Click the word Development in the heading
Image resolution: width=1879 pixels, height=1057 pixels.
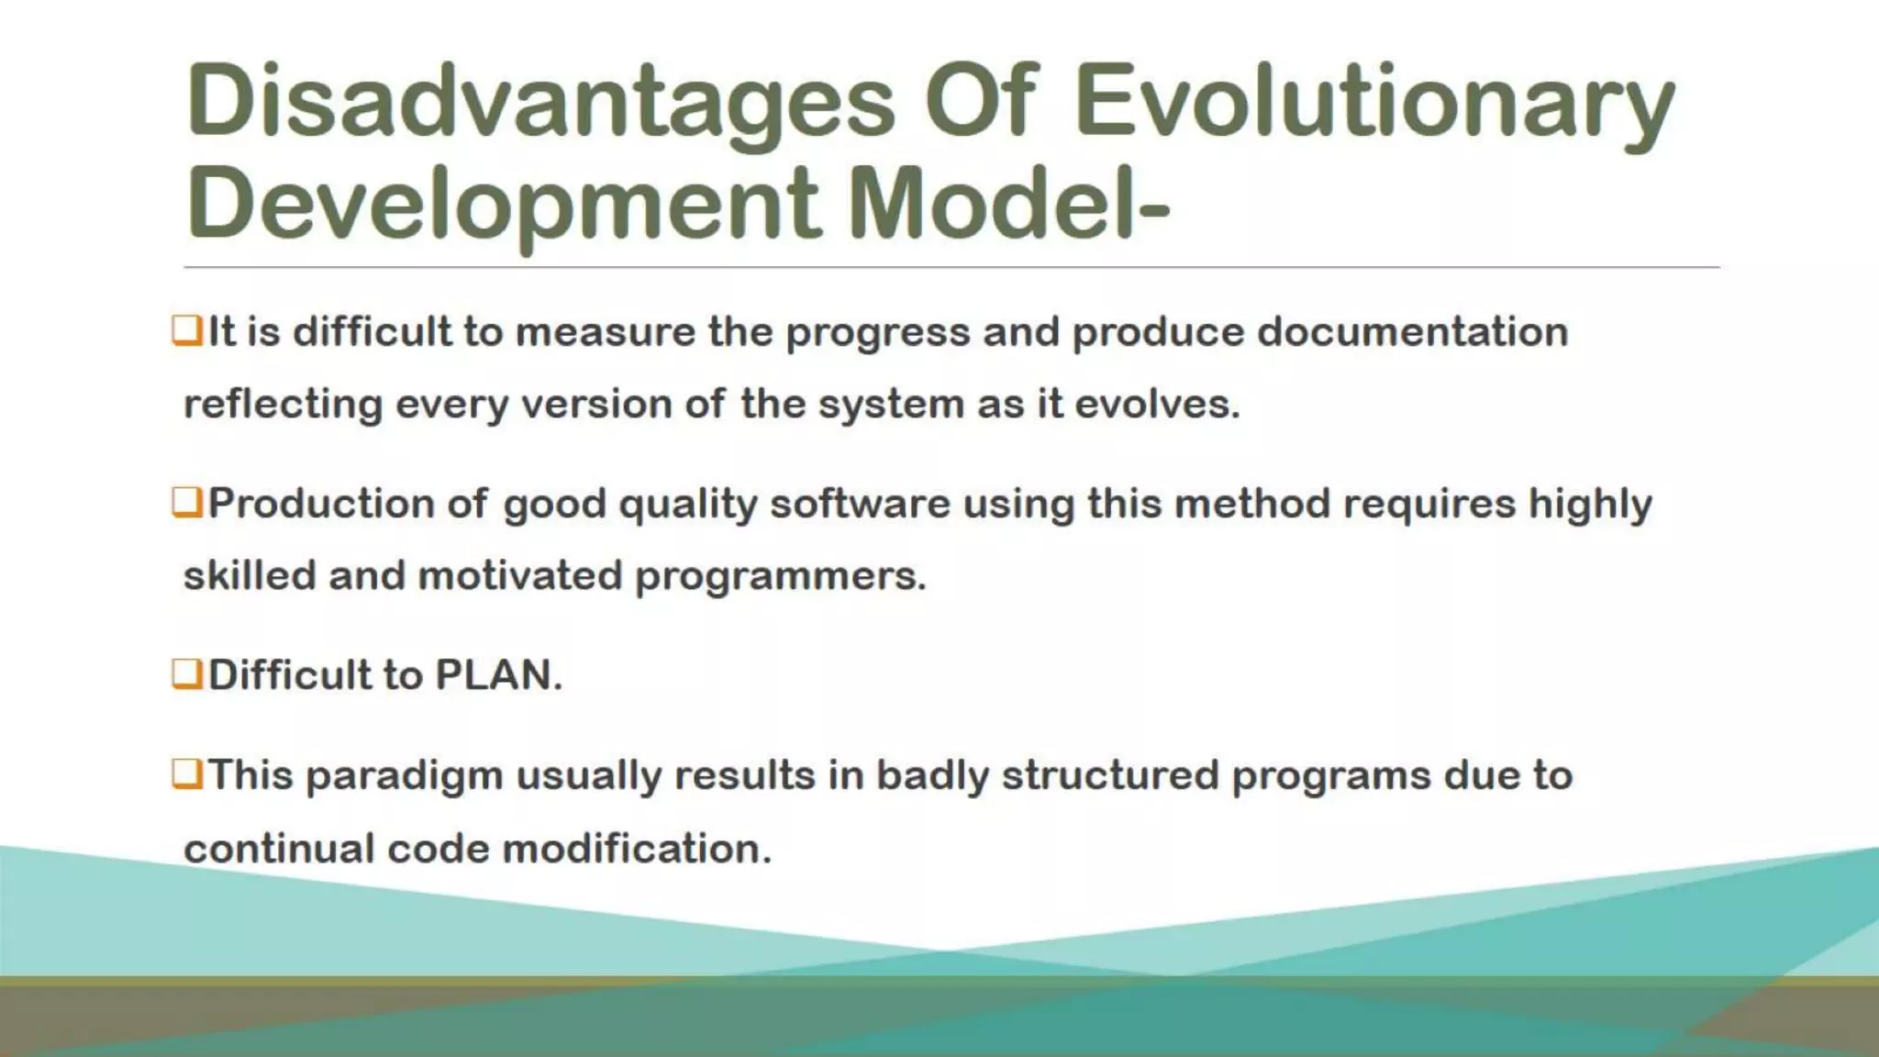click(503, 204)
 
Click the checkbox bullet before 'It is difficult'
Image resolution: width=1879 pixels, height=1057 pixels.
click(186, 330)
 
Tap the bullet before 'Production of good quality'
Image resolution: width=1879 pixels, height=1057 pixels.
click(186, 502)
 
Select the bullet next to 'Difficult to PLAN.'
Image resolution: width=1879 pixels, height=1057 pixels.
click(186, 673)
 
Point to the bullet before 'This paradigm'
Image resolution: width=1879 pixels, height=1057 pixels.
click(186, 774)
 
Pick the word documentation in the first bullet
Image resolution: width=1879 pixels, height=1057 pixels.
click(1413, 331)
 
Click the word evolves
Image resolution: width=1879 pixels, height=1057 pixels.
click(1157, 404)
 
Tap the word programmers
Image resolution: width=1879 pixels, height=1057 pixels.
click(780, 576)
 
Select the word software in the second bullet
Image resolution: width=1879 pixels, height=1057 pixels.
click(860, 504)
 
